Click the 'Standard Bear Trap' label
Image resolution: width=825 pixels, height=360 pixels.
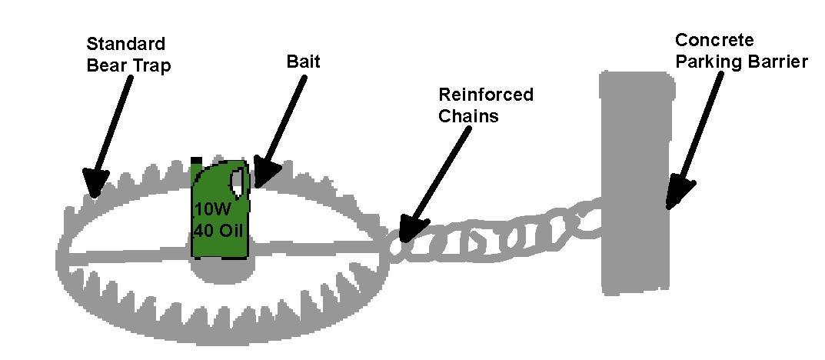(127, 54)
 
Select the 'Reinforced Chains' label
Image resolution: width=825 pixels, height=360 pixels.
(485, 105)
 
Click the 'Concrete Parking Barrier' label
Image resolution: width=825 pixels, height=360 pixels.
(740, 51)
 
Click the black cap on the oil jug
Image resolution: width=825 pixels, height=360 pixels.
(197, 160)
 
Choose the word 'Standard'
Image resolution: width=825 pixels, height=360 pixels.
(126, 43)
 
